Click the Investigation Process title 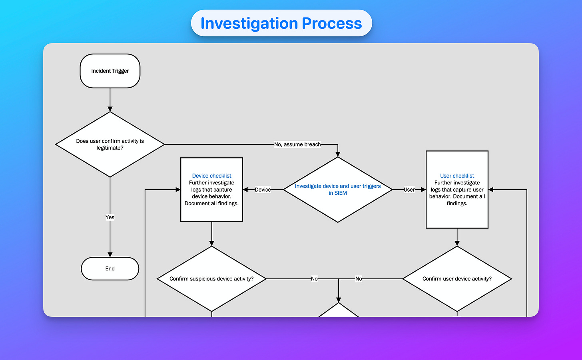[x=281, y=23]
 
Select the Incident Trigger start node [x=110, y=71]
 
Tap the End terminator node [x=110, y=268]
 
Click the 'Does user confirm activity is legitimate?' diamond [x=110, y=144]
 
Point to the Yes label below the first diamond [x=110, y=217]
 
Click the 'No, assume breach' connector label [x=297, y=144]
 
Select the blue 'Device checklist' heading [x=211, y=176]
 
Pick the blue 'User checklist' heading [x=457, y=176]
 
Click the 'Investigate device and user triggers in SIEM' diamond [x=338, y=190]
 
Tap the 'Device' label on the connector [x=263, y=190]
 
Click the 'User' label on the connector [x=409, y=190]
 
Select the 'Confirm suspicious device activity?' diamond [x=211, y=279]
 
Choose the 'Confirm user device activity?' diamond [x=457, y=279]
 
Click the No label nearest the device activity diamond [x=314, y=279]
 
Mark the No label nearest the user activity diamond [x=359, y=279]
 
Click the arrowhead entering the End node [x=110, y=255]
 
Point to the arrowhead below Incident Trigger [x=110, y=109]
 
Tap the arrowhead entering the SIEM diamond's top [x=338, y=154]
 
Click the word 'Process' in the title [x=332, y=23]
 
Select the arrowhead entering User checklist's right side [x=491, y=190]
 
